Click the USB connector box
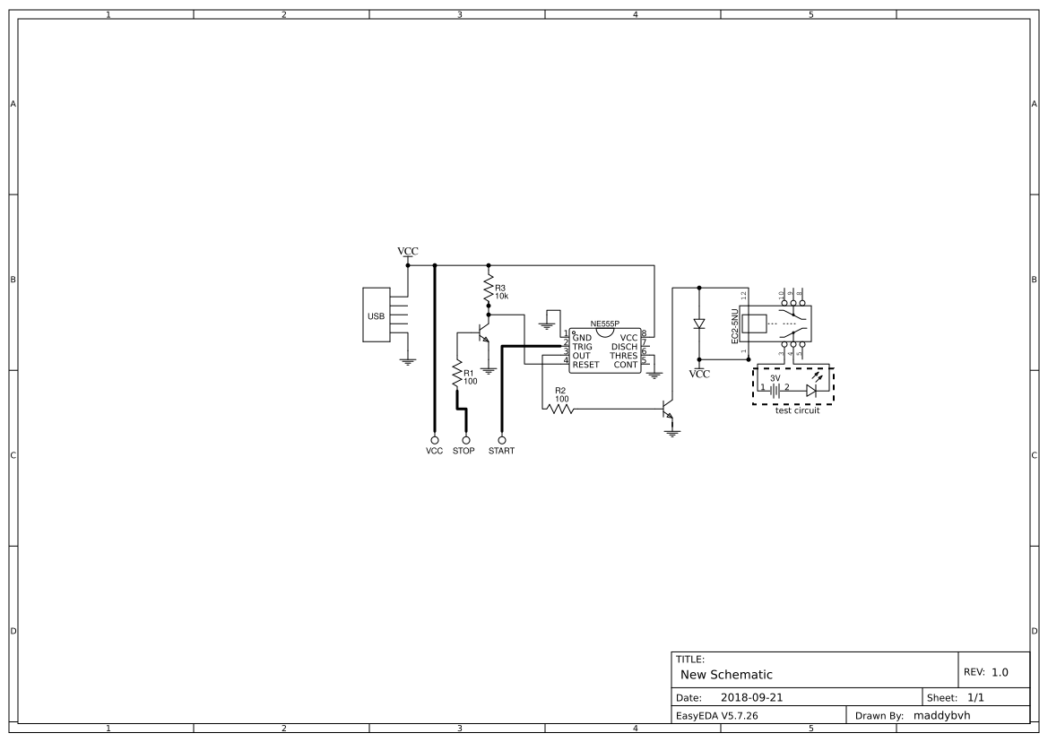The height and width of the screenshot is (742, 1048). pyautogui.click(x=377, y=315)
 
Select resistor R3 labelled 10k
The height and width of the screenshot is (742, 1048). pyautogui.click(x=489, y=289)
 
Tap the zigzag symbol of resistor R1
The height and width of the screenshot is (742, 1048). pyautogui.click(x=457, y=375)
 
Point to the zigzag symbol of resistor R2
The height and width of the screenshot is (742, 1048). pyautogui.click(x=559, y=409)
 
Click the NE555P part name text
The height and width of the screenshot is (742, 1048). pyautogui.click(x=605, y=324)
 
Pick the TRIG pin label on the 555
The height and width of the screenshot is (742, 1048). pyautogui.click(x=583, y=347)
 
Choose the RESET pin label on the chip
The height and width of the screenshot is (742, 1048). pyautogui.click(x=585, y=365)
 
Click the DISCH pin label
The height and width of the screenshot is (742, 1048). pyautogui.click(x=624, y=347)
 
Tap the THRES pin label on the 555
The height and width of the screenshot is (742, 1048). pyautogui.click(x=623, y=356)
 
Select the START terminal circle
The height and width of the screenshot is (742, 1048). pyautogui.click(x=501, y=440)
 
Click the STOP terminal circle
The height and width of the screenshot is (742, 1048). pyautogui.click(x=466, y=440)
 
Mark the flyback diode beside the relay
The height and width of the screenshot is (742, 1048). pyautogui.click(x=699, y=324)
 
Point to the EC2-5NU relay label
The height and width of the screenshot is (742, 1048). pyautogui.click(x=734, y=326)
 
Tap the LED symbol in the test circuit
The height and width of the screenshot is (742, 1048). pyautogui.click(x=811, y=391)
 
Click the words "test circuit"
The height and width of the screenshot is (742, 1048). pyautogui.click(x=797, y=410)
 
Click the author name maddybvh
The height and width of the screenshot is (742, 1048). pyautogui.click(x=941, y=715)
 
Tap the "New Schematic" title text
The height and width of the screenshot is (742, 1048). pyautogui.click(x=726, y=674)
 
